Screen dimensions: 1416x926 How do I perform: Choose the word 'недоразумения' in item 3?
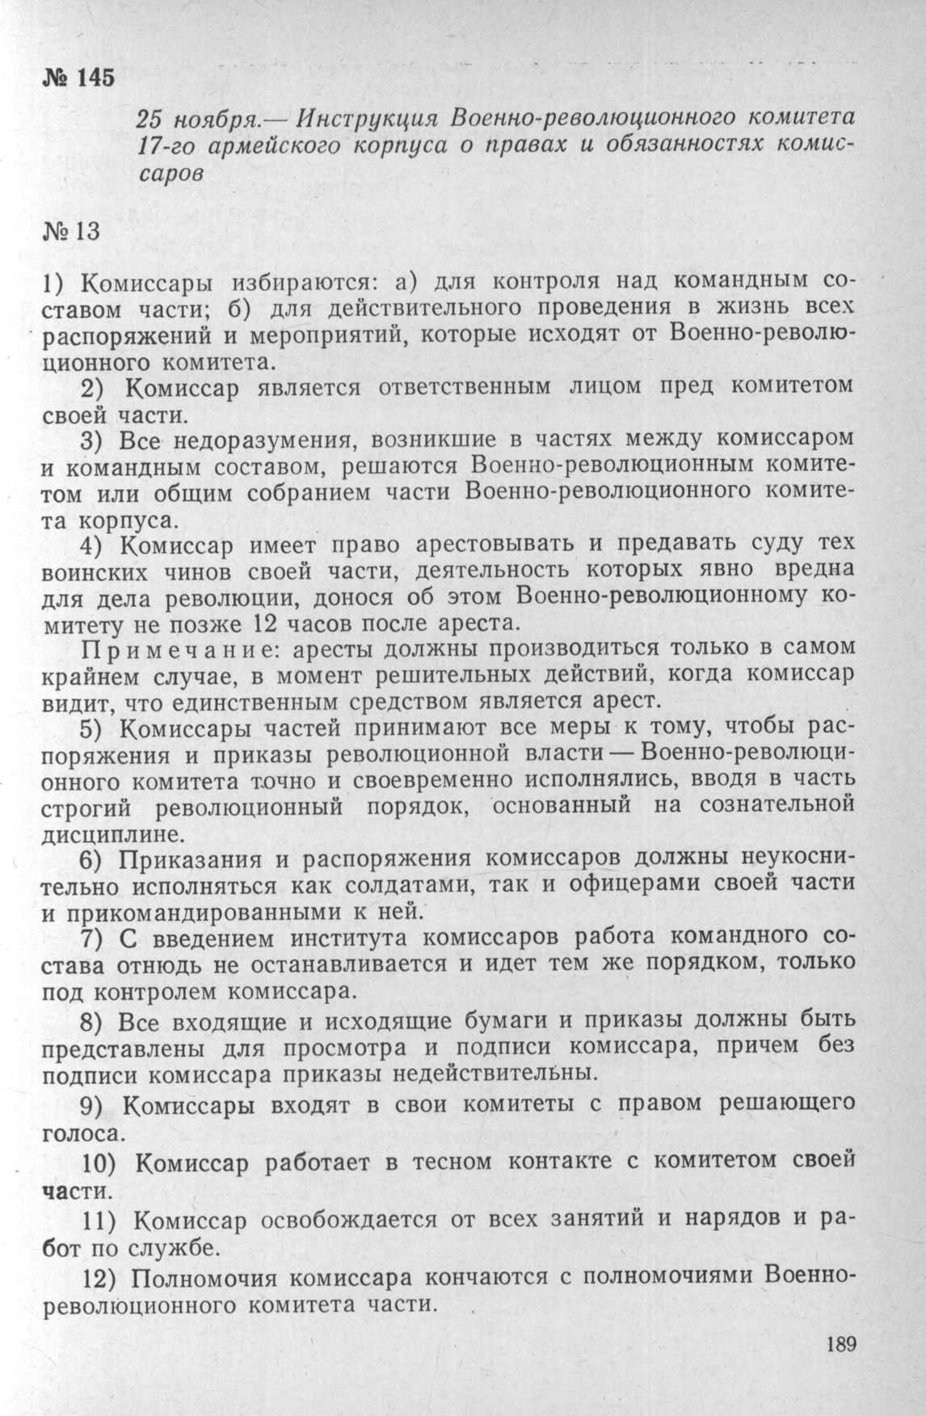[x=271, y=440]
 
